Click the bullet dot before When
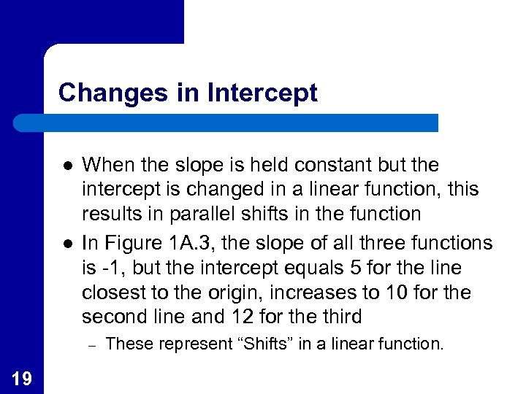coord(66,166)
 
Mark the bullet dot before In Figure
coord(66,242)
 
